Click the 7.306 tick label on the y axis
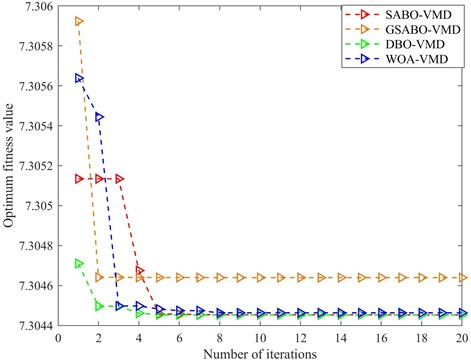pos(38,8)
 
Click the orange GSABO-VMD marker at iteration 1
pos(79,21)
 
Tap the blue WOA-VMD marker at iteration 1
pos(79,78)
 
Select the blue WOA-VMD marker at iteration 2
pos(99,118)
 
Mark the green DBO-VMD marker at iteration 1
pos(79,263)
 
